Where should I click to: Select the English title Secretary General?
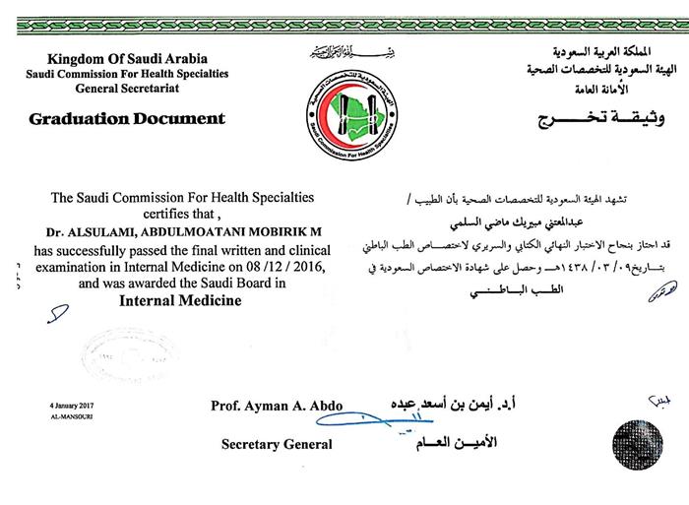tap(277, 444)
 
